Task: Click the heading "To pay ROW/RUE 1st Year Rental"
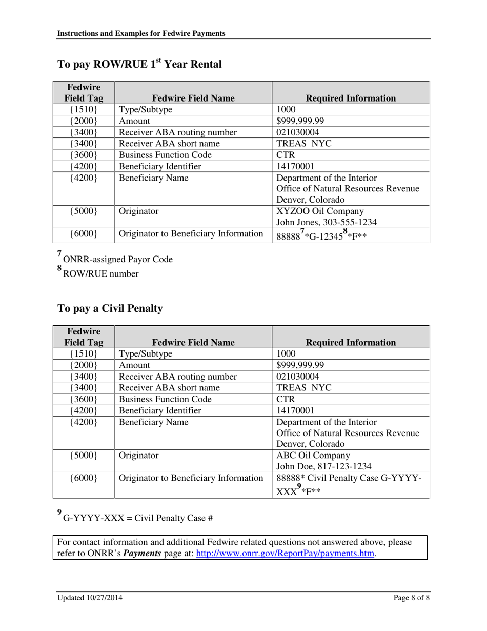(x=139, y=65)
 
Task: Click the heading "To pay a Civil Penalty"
(x=110, y=309)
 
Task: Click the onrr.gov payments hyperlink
(x=286, y=554)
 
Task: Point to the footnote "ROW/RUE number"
(x=100, y=274)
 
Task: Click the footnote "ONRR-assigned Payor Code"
(x=117, y=260)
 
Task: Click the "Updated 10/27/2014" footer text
(x=90, y=598)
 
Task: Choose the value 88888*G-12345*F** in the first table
(x=321, y=235)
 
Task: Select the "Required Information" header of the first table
(x=351, y=98)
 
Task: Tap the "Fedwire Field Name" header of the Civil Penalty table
(x=193, y=342)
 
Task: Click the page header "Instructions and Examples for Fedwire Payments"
(x=141, y=33)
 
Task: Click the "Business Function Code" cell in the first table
(x=165, y=155)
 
